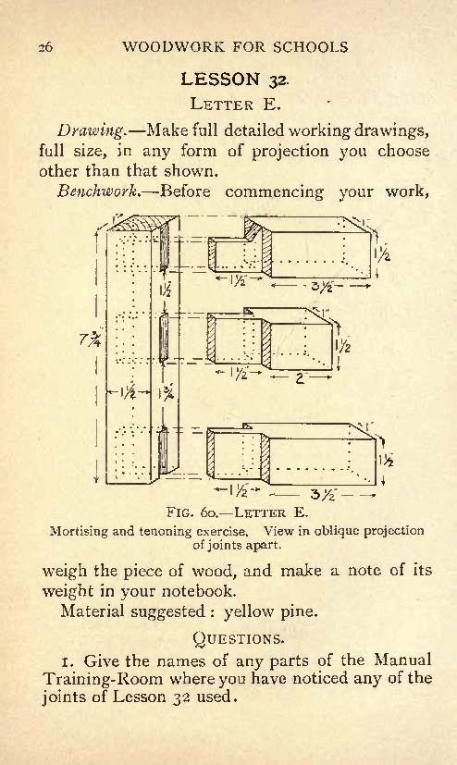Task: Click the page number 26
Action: [x=46, y=47]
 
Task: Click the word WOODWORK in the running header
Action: [x=174, y=47]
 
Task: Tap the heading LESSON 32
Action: [x=235, y=79]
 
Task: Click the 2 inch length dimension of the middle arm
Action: [x=300, y=377]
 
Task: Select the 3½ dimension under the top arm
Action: [x=321, y=286]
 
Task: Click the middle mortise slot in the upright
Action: [x=164, y=339]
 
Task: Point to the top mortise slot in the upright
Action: [x=165, y=250]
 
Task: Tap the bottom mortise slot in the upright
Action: [x=164, y=450]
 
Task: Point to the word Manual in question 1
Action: [x=402, y=660]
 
